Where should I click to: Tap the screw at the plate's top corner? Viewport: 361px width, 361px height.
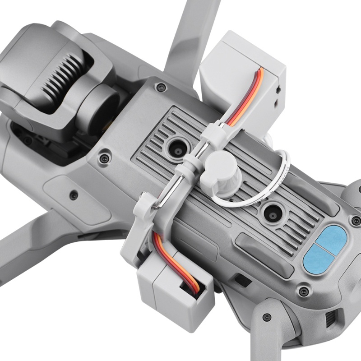click(159, 87)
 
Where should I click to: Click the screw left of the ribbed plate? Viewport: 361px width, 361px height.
click(104, 158)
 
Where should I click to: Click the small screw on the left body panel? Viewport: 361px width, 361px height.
click(74, 195)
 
